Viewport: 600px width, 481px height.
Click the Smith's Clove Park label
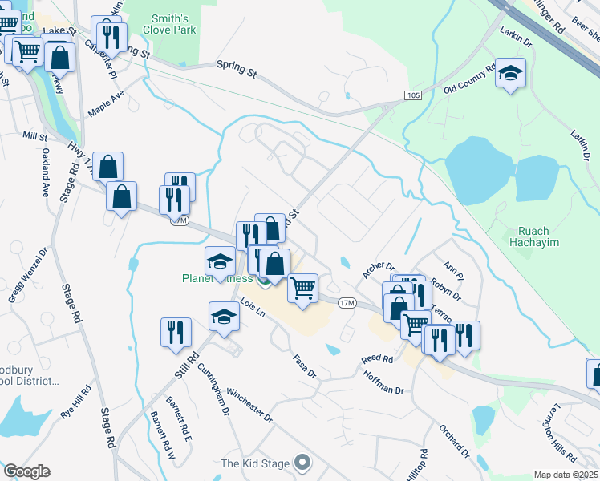[x=169, y=24]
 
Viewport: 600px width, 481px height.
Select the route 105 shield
[x=412, y=95]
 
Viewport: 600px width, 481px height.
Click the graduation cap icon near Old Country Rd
[x=510, y=75]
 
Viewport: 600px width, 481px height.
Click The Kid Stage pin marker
[x=302, y=463]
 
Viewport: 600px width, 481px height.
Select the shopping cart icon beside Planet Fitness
[x=302, y=287]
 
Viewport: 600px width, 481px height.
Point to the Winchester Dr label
[x=251, y=406]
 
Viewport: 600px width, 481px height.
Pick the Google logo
[x=26, y=471]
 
